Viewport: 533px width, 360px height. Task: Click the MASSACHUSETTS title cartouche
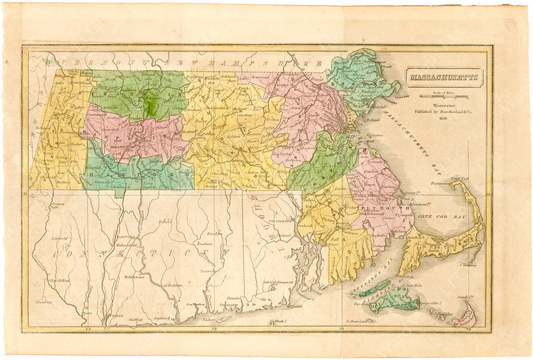point(444,78)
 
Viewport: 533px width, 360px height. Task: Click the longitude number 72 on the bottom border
point(213,328)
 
